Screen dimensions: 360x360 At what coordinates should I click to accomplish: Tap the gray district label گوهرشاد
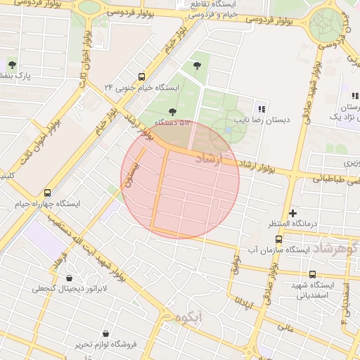[335, 248]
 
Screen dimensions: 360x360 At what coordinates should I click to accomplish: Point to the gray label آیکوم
[190, 317]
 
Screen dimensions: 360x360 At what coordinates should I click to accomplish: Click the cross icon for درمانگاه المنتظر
[293, 212]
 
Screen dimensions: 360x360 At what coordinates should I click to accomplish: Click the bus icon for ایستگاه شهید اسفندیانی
[313, 274]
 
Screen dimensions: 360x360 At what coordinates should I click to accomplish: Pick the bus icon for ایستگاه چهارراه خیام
[47, 193]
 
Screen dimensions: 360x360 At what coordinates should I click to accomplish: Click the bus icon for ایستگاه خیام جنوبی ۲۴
[142, 77]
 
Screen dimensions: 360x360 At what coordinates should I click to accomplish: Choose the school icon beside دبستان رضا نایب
[262, 108]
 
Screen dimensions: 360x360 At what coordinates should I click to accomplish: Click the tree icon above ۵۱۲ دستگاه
[172, 111]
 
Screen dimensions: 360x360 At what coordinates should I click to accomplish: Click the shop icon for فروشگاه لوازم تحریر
[105, 333]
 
